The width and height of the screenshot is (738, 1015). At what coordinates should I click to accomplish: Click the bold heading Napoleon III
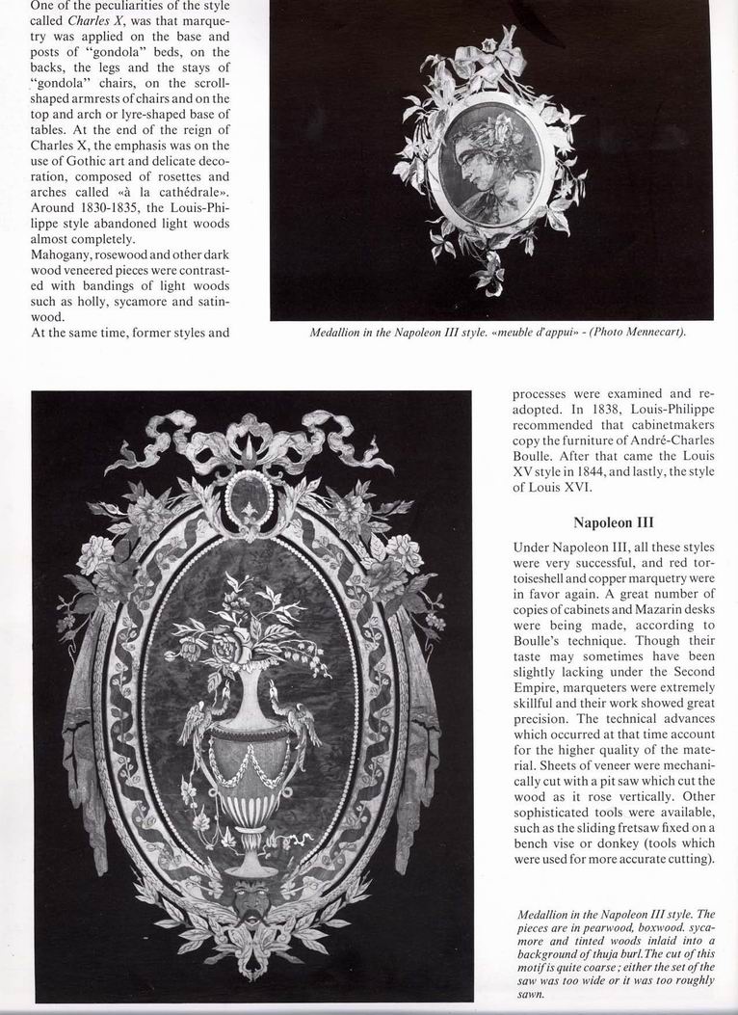coord(613,523)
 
